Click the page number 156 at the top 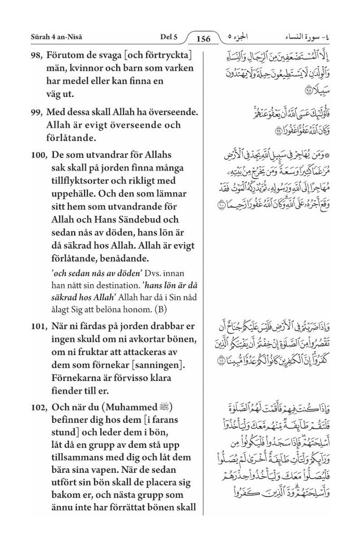tap(203, 38)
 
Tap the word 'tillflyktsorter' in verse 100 tap(78, 182)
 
